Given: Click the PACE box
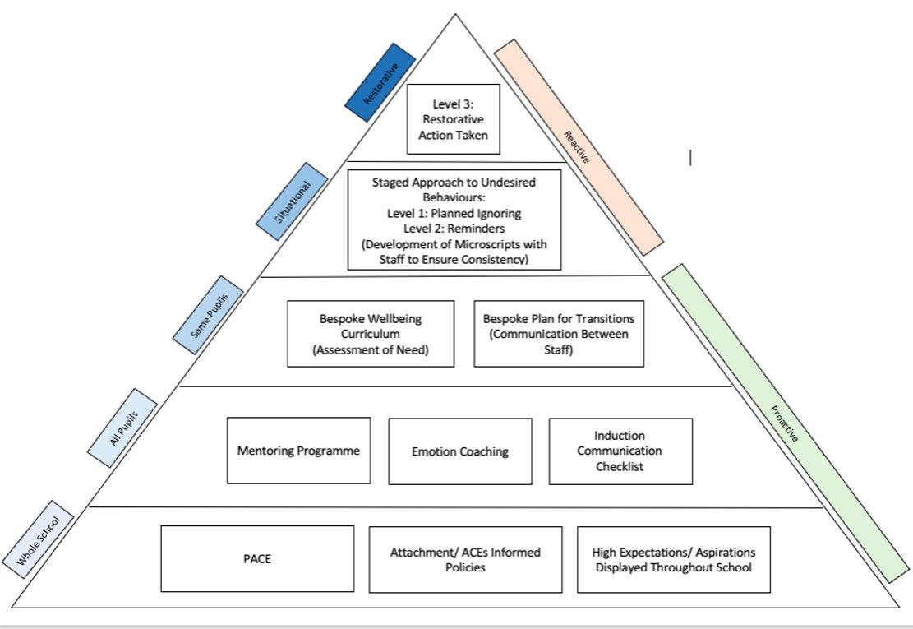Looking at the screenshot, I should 257,559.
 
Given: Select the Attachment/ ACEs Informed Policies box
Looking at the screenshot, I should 465,560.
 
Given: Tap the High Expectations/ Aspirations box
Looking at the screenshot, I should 674,560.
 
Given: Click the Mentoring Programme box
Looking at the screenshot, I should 298,451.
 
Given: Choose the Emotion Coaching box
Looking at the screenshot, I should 460,451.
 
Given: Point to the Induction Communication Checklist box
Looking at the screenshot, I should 620,451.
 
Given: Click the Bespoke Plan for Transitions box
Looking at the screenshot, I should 559,333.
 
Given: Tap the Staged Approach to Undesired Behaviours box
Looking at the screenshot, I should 454,220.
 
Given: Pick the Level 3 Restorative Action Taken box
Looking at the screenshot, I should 454,118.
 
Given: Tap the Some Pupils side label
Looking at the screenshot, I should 208,315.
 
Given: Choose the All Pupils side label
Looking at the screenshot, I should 122,428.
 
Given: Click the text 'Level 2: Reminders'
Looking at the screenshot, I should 454,229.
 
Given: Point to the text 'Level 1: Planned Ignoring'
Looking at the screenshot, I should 454,214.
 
